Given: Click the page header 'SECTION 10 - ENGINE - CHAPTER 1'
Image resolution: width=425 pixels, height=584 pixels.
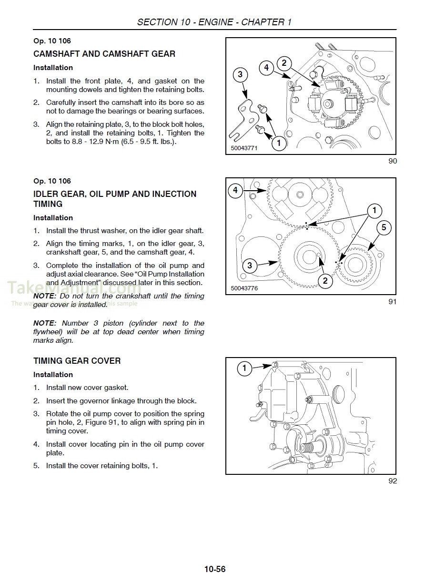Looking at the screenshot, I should click(x=214, y=22).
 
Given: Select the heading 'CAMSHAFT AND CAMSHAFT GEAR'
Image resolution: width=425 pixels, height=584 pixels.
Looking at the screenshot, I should click(x=104, y=54).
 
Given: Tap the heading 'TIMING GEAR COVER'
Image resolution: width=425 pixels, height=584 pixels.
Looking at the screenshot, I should click(x=77, y=361).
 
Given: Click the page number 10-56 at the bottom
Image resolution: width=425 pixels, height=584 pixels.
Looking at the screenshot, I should click(x=215, y=569).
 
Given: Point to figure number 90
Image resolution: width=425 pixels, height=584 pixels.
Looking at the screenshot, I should click(x=392, y=161).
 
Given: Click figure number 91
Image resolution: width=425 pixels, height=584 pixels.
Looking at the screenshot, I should click(x=392, y=302).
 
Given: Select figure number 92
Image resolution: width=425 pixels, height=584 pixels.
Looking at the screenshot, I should click(x=392, y=481).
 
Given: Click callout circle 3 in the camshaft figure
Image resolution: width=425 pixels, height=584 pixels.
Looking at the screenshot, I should click(x=240, y=74).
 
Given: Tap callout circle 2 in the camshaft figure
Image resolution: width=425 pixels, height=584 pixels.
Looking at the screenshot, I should click(x=284, y=63).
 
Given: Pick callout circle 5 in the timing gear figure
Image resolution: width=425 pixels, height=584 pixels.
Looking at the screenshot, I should click(x=384, y=227).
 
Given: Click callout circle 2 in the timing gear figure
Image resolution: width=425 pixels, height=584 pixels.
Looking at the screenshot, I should click(x=325, y=280).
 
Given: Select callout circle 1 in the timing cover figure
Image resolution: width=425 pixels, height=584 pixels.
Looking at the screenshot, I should click(x=245, y=368).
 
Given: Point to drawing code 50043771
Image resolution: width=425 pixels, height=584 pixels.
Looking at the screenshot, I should click(x=244, y=148).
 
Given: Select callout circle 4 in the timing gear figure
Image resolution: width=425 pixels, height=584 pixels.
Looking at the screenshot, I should click(x=235, y=191).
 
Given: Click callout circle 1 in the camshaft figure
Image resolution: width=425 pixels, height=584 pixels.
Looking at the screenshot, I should click(x=278, y=143).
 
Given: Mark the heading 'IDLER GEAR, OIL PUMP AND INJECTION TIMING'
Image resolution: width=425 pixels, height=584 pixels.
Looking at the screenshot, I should click(x=114, y=199).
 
